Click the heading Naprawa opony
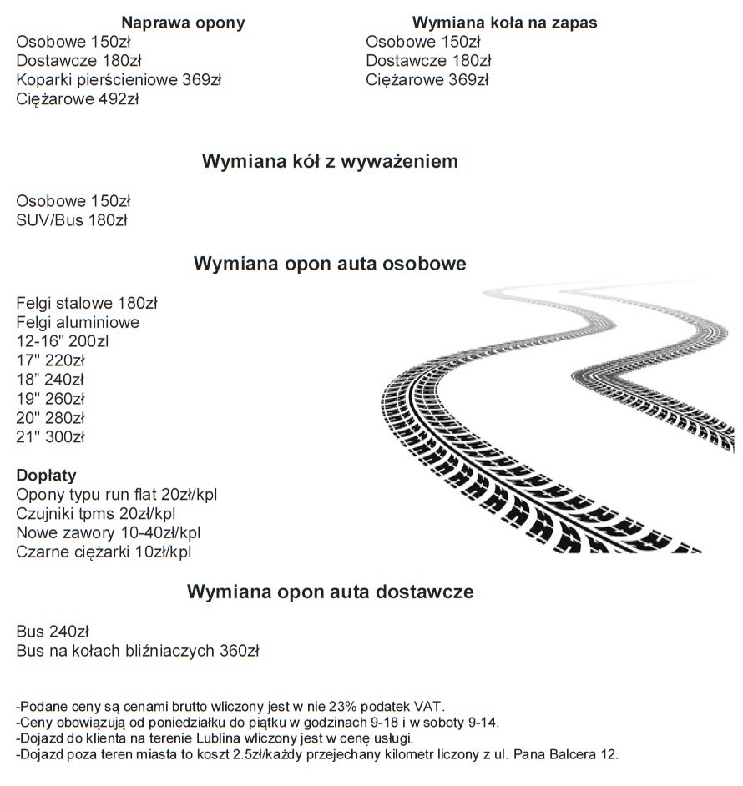click(183, 23)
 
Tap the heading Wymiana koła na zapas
click(505, 23)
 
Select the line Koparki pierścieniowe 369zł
click(119, 80)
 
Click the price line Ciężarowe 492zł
click(77, 99)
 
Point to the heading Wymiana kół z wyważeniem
click(330, 162)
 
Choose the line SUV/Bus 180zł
click(71, 220)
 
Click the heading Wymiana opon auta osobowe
click(330, 265)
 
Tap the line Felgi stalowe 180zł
click(87, 303)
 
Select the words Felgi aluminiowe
click(78, 322)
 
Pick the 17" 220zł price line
click(51, 360)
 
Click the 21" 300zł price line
click(51, 436)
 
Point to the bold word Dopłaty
click(47, 476)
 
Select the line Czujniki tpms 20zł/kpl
click(96, 513)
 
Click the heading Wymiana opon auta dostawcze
click(330, 592)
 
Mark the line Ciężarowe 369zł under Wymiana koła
click(427, 80)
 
